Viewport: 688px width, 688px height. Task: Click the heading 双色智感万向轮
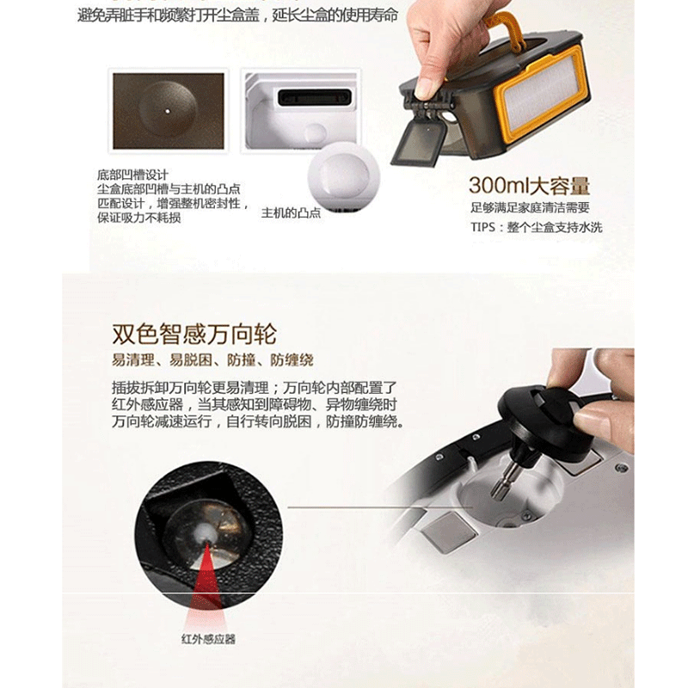[194, 335]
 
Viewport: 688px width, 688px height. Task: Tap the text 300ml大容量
[529, 186]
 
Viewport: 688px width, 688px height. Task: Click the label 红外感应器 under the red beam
[208, 639]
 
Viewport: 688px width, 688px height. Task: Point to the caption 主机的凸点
[291, 213]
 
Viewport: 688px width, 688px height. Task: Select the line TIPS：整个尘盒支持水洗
[536, 227]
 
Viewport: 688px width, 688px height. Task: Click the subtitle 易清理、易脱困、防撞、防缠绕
[212, 360]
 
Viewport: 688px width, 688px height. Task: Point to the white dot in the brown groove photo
[168, 111]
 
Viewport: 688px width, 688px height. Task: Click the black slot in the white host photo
[314, 97]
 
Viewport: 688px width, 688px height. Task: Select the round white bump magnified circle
[344, 176]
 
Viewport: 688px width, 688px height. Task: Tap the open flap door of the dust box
[420, 143]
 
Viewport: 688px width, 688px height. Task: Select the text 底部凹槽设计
[132, 175]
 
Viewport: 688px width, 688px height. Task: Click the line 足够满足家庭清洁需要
[530, 207]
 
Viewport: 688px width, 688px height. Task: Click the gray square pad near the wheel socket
[449, 531]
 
